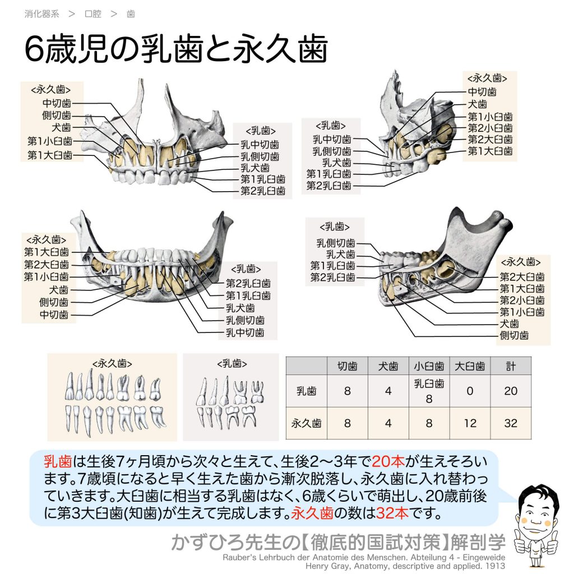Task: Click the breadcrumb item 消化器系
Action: click(x=41, y=14)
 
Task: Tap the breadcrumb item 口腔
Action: click(x=92, y=14)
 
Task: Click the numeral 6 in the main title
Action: click(x=34, y=49)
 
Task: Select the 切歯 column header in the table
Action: click(x=347, y=365)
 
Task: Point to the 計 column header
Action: click(x=511, y=365)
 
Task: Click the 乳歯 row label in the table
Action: click(x=306, y=391)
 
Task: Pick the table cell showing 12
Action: click(x=470, y=423)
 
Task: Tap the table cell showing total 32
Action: click(x=511, y=423)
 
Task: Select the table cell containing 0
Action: click(x=470, y=391)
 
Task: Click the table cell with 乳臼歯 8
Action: click(x=429, y=391)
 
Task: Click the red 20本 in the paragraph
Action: click(x=388, y=461)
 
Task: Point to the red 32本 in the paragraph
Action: click(x=392, y=513)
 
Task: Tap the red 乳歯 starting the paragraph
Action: click(x=58, y=461)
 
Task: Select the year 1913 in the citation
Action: click(x=495, y=566)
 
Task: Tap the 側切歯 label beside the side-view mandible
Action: click(x=515, y=335)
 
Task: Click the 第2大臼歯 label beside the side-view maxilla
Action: click(x=490, y=140)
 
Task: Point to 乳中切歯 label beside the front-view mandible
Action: click(x=245, y=332)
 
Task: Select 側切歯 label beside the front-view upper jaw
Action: click(x=57, y=115)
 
